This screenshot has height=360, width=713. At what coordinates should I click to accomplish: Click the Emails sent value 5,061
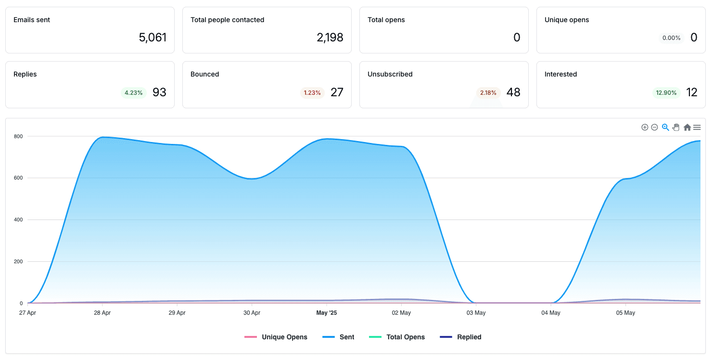click(x=153, y=38)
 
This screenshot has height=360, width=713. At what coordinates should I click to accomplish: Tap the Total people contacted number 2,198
click(x=330, y=38)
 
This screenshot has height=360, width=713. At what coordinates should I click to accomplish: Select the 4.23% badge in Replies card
click(x=133, y=92)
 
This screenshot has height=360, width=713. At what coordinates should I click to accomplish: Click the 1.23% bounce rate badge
click(x=312, y=92)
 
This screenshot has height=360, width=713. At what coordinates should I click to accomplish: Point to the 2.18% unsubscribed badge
click(x=488, y=92)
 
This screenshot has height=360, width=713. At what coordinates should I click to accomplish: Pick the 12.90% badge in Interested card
click(x=666, y=92)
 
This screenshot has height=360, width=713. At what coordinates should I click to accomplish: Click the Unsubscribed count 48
click(x=513, y=92)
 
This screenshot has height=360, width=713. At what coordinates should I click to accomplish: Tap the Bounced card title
click(x=204, y=74)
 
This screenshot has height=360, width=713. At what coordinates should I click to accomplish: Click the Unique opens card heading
click(x=567, y=20)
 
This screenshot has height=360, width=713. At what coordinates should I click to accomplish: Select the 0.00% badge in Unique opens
click(x=671, y=38)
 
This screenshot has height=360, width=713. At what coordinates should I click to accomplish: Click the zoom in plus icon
click(x=645, y=128)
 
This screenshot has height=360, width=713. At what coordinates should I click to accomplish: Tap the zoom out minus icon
click(x=654, y=128)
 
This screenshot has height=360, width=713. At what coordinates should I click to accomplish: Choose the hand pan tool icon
click(x=676, y=128)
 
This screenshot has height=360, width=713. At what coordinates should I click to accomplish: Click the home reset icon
click(x=687, y=128)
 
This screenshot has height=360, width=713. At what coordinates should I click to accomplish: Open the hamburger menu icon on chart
click(x=697, y=128)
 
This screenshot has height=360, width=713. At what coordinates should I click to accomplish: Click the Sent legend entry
click(x=338, y=337)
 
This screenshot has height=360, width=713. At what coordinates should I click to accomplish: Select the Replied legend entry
click(x=460, y=337)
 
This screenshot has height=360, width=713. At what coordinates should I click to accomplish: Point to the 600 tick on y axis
click(x=18, y=178)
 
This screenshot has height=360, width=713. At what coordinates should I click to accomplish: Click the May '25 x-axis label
click(x=327, y=312)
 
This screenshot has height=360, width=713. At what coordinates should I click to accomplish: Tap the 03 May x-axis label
click(x=476, y=312)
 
